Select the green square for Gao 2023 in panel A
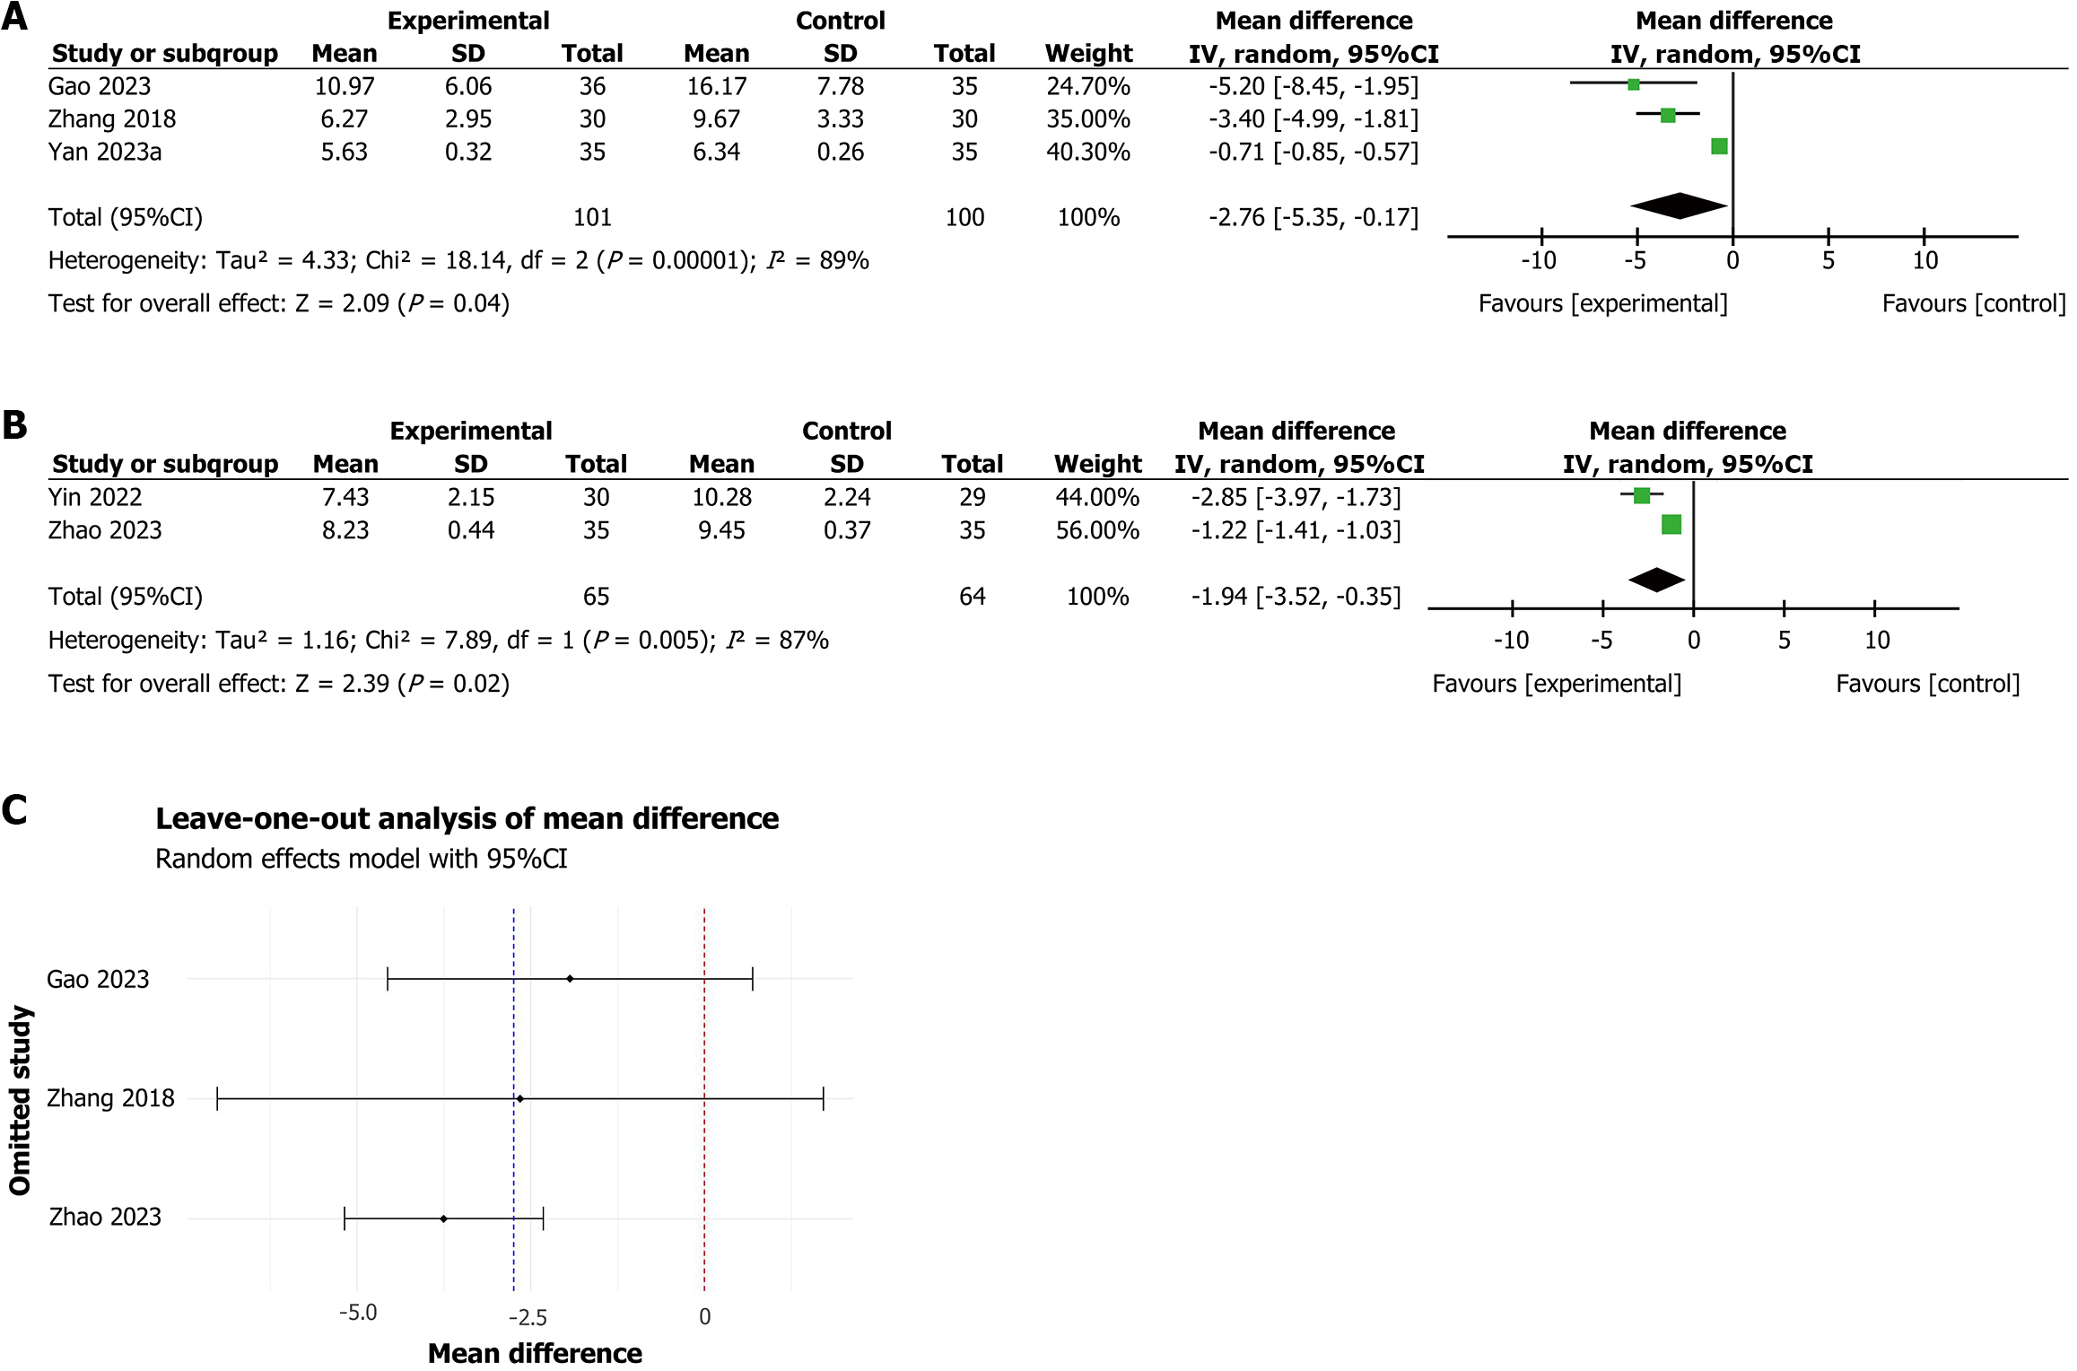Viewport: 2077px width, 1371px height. (x=1633, y=84)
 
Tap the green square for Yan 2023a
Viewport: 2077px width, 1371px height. (x=1718, y=146)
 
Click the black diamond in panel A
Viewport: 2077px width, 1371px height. (x=1679, y=205)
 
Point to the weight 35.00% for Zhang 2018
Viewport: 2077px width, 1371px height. (x=1087, y=119)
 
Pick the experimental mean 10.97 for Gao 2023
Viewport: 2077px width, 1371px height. (x=345, y=87)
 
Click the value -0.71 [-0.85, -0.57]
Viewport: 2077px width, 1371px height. (x=1313, y=152)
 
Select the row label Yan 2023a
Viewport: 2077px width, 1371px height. (x=105, y=152)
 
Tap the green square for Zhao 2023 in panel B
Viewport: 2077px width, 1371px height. (x=1671, y=525)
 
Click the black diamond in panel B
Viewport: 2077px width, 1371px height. (x=1656, y=580)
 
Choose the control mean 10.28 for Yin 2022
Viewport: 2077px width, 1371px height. (x=721, y=497)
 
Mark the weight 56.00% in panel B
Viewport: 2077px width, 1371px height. (x=1096, y=530)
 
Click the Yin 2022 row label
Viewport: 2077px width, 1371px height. (x=95, y=497)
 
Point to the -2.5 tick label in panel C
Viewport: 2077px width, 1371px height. (x=528, y=1317)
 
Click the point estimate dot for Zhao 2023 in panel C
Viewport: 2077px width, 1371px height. (x=443, y=1218)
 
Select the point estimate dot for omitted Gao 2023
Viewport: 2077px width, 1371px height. (x=570, y=979)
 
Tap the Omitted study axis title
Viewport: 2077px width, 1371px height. (x=20, y=1100)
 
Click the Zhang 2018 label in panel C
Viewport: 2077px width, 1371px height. (x=110, y=1098)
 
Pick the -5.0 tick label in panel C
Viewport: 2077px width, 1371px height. (x=358, y=1314)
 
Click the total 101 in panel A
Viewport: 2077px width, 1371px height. (x=592, y=217)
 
